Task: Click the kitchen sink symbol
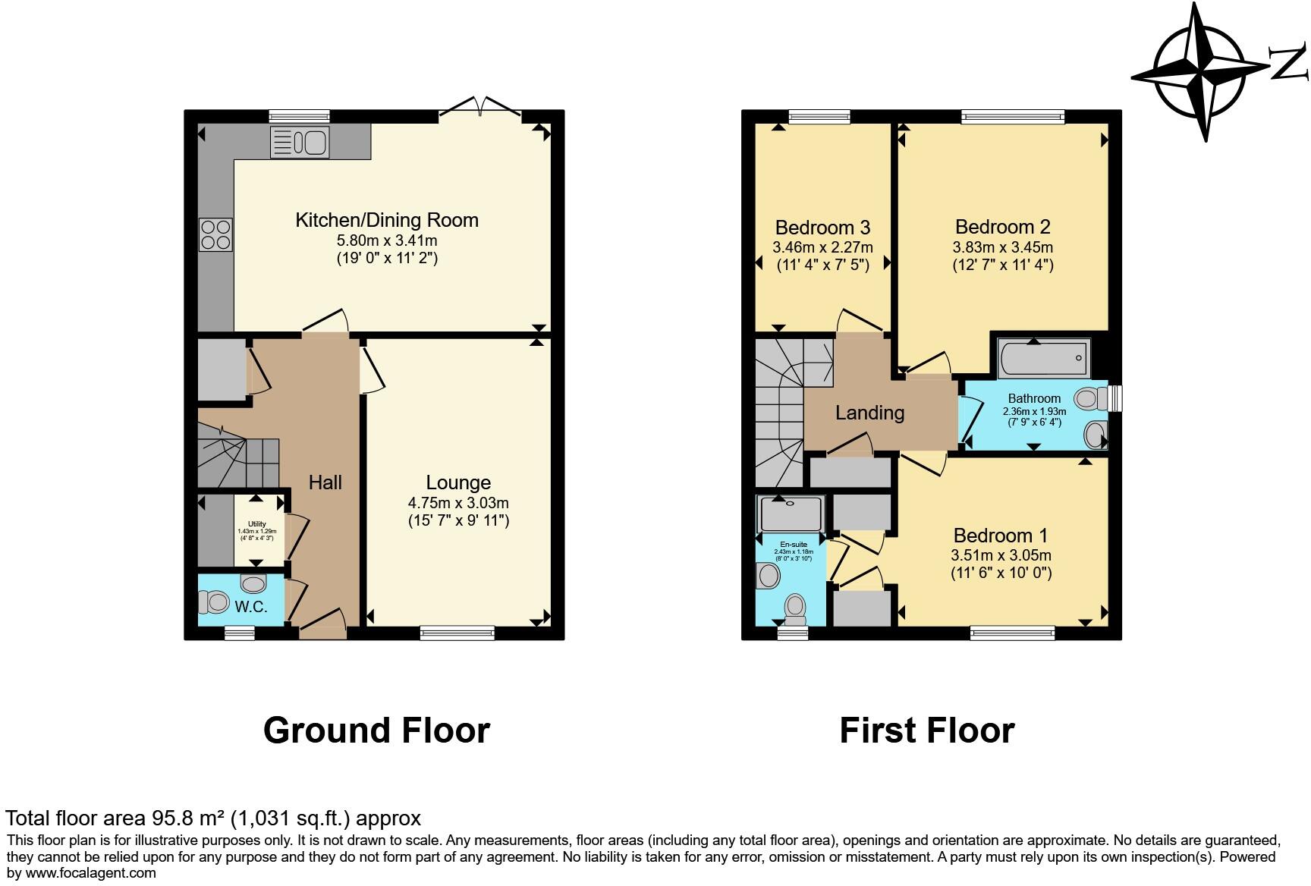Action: tap(299, 142)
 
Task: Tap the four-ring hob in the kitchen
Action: tap(215, 234)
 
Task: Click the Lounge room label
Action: tap(458, 482)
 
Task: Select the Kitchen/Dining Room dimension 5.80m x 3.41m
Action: tap(387, 240)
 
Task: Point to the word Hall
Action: tap(325, 482)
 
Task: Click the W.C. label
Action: tap(250, 607)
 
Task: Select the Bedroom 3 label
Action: tap(822, 228)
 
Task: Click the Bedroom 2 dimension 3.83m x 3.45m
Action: tap(1002, 247)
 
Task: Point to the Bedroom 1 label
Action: tap(1001, 536)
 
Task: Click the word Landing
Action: tap(869, 413)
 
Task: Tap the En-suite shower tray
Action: tap(791, 514)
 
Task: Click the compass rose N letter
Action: tap(1289, 64)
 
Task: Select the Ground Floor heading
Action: tap(376, 730)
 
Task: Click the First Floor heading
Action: tap(926, 730)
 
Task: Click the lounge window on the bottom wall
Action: tap(457, 632)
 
